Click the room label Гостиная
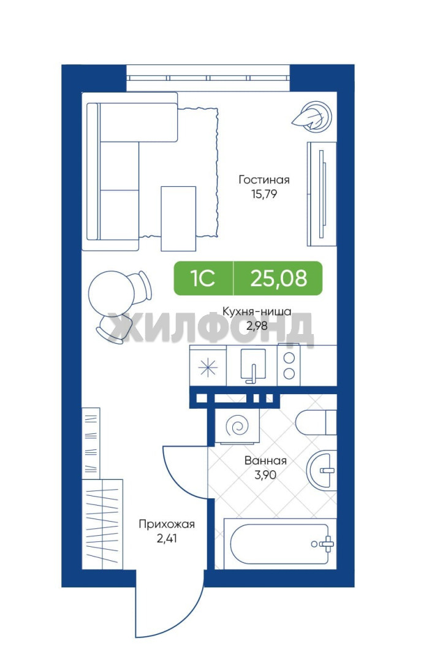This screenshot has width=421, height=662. [x=264, y=180]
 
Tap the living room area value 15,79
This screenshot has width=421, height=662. [x=264, y=195]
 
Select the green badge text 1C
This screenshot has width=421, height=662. [x=203, y=278]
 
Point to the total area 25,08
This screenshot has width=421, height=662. [x=279, y=278]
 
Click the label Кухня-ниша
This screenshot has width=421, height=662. [x=257, y=312]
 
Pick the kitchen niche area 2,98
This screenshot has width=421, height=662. [x=257, y=326]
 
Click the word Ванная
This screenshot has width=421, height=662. [x=265, y=460]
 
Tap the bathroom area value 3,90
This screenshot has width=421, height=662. [x=265, y=474]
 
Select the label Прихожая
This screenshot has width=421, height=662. [x=167, y=524]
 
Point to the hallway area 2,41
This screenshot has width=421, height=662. [x=167, y=539]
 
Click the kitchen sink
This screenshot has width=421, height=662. [x=252, y=365]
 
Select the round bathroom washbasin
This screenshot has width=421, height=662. [x=321, y=470]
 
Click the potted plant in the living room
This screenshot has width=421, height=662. [x=313, y=116]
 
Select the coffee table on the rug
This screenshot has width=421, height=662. [x=178, y=218]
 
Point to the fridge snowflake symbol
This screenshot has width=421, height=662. [x=208, y=368]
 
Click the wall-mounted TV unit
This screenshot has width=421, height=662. [x=322, y=194]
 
